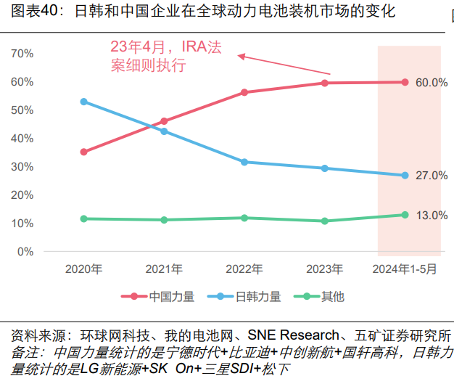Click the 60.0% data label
pos(431,83)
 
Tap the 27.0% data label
pos(431,176)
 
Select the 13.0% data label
pos(431,216)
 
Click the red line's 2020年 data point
pos(84,152)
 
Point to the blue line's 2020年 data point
pos(84,102)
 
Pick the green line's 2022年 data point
pos(244,218)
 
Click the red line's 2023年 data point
pos(325,83)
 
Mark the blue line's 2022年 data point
pos(244,162)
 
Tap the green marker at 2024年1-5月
pos(405,215)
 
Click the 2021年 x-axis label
pos(164,269)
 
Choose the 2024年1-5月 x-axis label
pos(405,269)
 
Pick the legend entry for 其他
pos(333,296)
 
